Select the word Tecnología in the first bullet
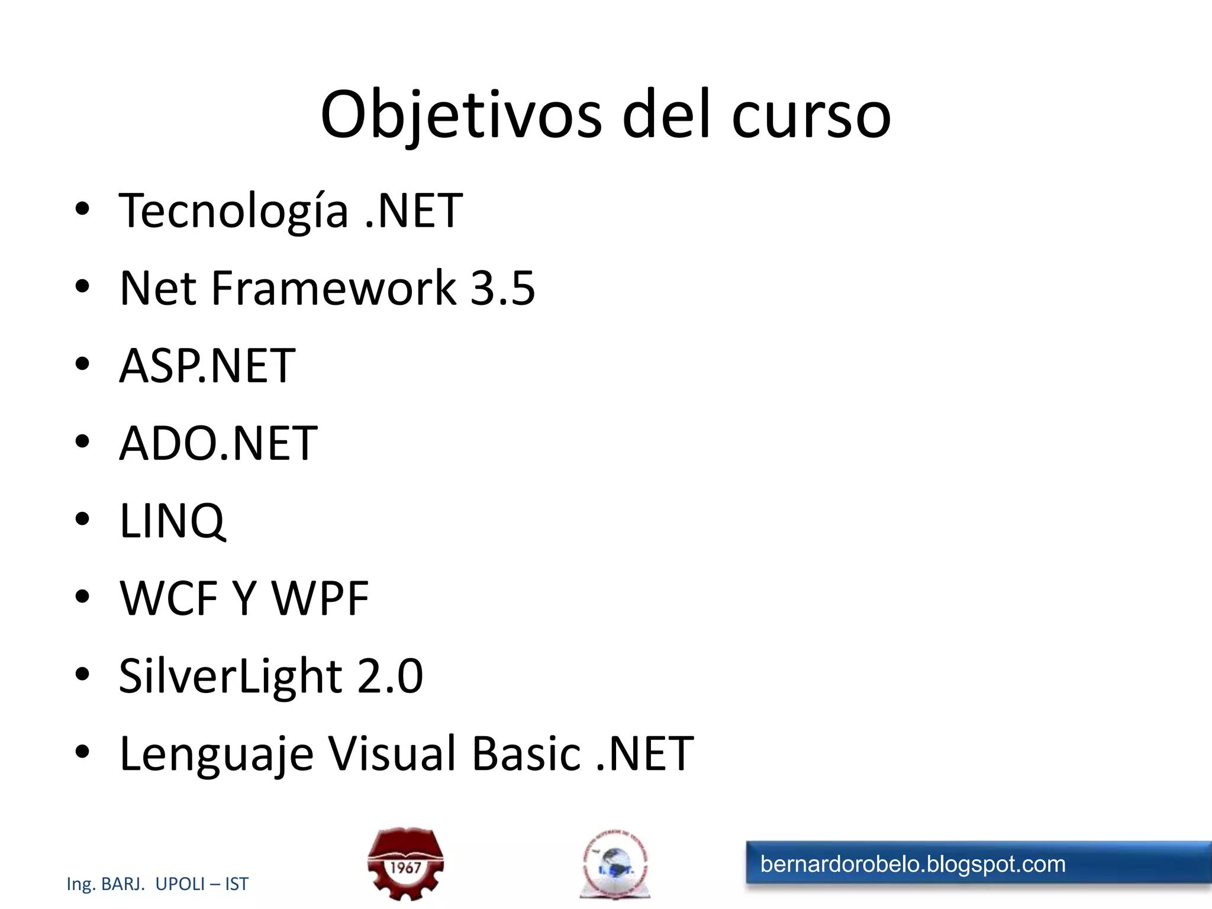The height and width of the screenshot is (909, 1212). point(233,211)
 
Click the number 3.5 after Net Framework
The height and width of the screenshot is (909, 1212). point(502,288)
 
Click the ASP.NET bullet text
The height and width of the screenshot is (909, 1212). point(207,366)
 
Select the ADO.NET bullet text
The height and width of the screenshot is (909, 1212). point(218,443)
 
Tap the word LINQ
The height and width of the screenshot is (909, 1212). point(172,521)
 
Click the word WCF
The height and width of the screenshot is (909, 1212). point(169,598)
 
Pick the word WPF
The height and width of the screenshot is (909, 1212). point(320,598)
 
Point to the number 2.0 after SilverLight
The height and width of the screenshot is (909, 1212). point(390,676)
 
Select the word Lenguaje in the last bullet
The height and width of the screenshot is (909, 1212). point(216,754)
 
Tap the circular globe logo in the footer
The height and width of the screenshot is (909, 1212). point(615,865)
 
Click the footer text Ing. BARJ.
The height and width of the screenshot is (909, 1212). point(106,884)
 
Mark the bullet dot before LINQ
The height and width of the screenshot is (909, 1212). point(82,519)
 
